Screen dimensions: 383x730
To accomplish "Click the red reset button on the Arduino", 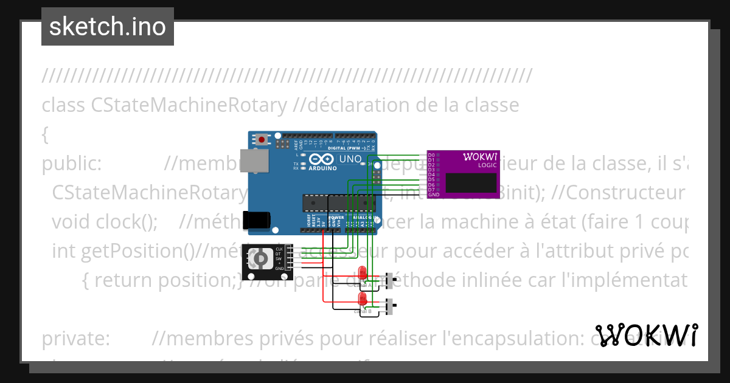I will tap(262, 139).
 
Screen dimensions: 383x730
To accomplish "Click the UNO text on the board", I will tap(350, 159).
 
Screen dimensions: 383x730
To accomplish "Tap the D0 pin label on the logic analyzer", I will tap(431, 155).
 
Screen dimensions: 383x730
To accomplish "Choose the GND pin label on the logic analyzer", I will tap(433, 195).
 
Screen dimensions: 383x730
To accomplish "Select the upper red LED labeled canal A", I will tap(363, 273).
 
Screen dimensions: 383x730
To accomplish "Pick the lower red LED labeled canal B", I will tap(363, 298).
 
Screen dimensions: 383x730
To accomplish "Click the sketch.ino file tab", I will tap(108, 27).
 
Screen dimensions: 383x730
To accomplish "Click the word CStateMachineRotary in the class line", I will tap(189, 105).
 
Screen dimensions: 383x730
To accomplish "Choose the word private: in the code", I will tap(75, 339).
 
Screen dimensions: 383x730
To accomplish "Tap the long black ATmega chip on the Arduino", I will tap(329, 202).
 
